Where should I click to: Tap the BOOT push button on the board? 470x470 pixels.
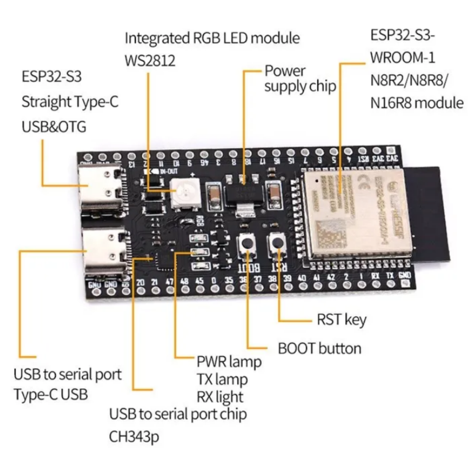246,243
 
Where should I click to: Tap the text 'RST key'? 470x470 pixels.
341,320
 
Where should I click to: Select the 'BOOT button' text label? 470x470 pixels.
319,349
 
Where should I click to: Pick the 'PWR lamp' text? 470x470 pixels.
229,362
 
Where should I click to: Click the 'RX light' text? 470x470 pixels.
220,396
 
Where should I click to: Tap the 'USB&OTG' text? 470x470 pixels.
54,127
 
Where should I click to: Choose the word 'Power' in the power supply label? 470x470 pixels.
285,70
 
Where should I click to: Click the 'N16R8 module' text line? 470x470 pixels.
417,103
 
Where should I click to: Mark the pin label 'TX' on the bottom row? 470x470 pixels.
390,277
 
